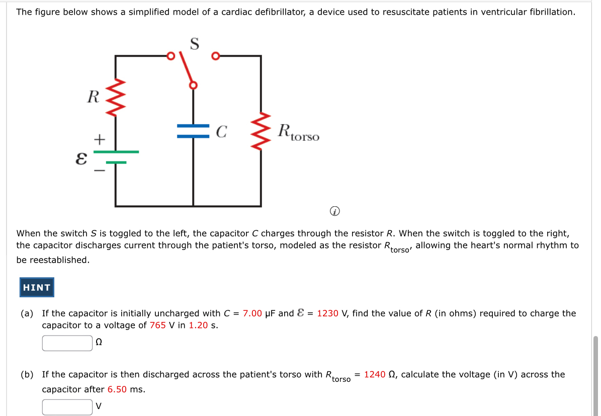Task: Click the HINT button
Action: point(37,287)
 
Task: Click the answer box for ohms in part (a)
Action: point(67,343)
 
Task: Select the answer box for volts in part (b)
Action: point(67,406)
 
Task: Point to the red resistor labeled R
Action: point(116,98)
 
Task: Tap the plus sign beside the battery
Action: point(101,138)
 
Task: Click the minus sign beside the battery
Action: point(101,172)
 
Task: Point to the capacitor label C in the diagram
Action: point(221,132)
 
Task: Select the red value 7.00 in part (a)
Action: point(252,313)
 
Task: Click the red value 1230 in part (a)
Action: point(327,313)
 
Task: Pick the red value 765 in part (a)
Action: point(158,325)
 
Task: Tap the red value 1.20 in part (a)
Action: point(198,325)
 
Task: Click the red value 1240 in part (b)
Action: point(375,375)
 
